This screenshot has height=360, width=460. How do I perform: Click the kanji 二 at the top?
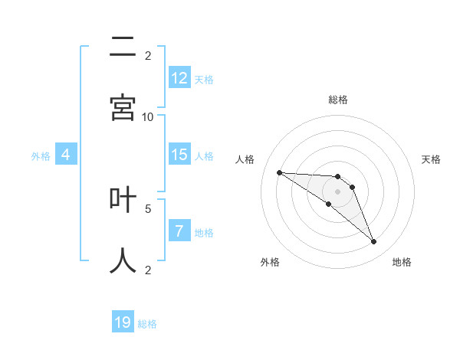pyautogui.click(x=123, y=47)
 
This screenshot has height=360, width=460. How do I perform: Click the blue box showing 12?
pyautogui.click(x=179, y=78)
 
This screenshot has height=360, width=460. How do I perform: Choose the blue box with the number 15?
pyautogui.click(x=179, y=155)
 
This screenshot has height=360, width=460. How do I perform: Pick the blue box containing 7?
pyautogui.click(x=179, y=231)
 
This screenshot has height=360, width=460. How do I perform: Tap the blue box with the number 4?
pyautogui.click(x=66, y=155)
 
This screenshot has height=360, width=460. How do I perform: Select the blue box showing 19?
pyautogui.click(x=123, y=322)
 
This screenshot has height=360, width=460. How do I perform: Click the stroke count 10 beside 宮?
pyautogui.click(x=148, y=116)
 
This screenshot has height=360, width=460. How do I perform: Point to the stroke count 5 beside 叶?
pyautogui.click(x=148, y=208)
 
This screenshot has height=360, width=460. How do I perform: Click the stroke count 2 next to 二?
pyautogui.click(x=148, y=55)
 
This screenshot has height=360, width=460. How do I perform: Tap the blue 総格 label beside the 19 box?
pyautogui.click(x=147, y=324)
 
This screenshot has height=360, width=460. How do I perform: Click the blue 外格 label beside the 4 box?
pyautogui.click(x=41, y=156)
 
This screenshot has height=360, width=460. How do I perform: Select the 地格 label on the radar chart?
pyautogui.click(x=402, y=262)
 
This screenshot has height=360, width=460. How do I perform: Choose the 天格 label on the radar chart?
pyautogui.click(x=431, y=159)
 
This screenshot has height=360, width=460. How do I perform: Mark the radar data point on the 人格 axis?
pyautogui.click(x=279, y=172)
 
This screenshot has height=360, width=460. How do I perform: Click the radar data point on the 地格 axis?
pyautogui.click(x=374, y=242)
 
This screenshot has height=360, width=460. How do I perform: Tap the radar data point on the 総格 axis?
pyautogui.click(x=337, y=177)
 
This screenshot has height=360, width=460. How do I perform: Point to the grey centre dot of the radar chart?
pyautogui.click(x=337, y=191)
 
